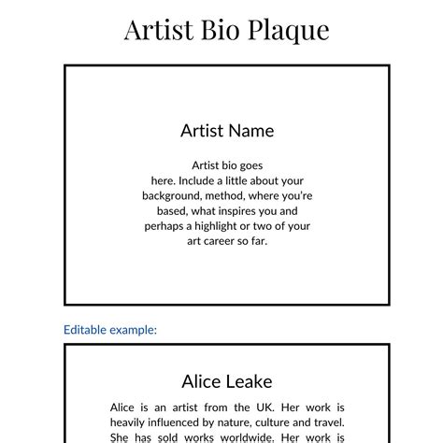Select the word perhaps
(x=164, y=226)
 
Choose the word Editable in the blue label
(x=85, y=330)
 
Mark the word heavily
(x=130, y=422)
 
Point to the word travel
(x=328, y=422)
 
